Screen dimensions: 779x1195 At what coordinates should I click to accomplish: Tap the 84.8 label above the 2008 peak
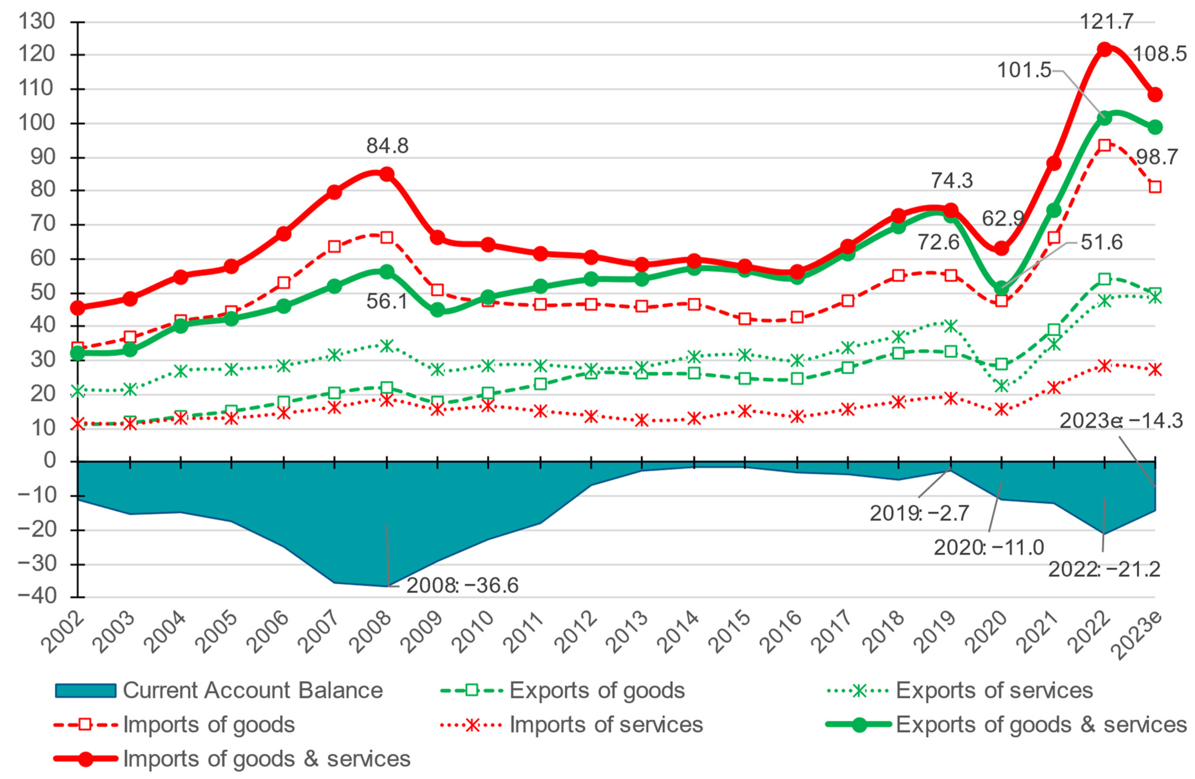[387, 146]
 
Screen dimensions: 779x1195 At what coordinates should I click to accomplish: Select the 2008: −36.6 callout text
[462, 586]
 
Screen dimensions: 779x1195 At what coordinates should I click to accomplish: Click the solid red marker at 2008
[387, 174]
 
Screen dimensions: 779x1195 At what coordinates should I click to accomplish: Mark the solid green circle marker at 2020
[1002, 288]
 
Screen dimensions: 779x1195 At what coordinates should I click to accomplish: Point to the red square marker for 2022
[1104, 145]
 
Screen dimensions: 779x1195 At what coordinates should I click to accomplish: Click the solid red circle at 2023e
[1155, 94]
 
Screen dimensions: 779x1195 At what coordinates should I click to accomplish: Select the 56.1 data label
[387, 301]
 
